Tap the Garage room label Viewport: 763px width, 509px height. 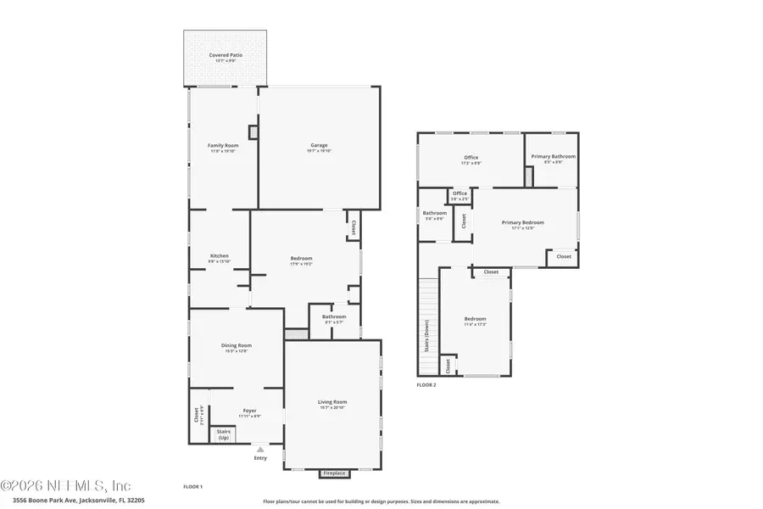coord(319,145)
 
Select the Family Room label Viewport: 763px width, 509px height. coord(224,145)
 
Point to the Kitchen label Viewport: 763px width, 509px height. coord(220,256)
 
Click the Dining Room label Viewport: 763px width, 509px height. coord(237,345)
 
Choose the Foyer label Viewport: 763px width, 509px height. coord(249,411)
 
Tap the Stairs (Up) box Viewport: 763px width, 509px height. coord(223,435)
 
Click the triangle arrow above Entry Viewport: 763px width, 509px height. coord(260,449)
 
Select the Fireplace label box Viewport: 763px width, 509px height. coord(332,473)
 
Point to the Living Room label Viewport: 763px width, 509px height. coord(332,401)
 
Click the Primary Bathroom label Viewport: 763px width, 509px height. coord(553,156)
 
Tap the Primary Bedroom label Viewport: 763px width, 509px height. coord(522,222)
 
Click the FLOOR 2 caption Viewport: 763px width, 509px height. coord(426,385)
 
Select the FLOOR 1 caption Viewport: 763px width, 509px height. coord(193,486)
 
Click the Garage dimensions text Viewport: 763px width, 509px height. coord(319,151)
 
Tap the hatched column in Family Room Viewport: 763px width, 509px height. coord(253,132)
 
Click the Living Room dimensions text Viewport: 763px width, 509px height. coord(332,408)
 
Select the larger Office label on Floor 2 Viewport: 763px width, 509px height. coord(471,157)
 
